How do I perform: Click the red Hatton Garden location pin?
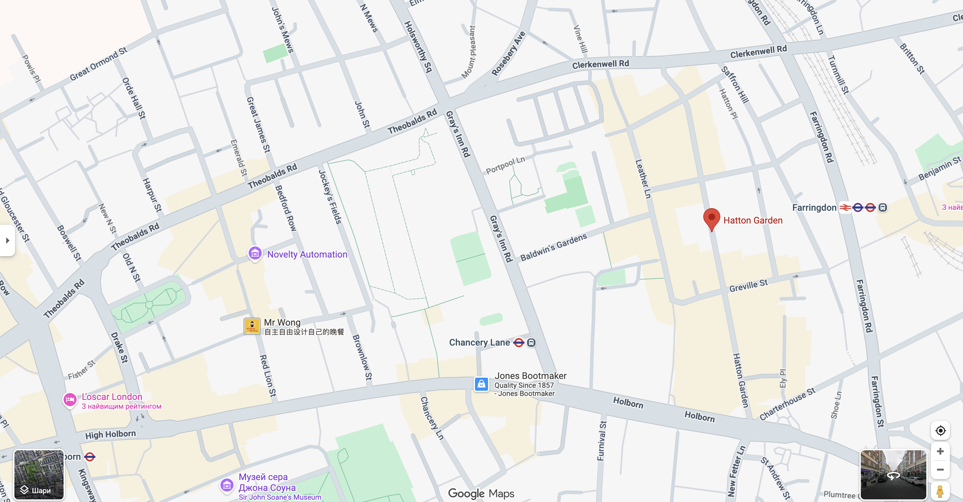pyautogui.click(x=711, y=218)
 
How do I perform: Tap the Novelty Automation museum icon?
pyautogui.click(x=255, y=253)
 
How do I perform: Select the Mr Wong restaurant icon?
pyautogui.click(x=252, y=326)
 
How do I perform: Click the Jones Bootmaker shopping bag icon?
pyautogui.click(x=481, y=384)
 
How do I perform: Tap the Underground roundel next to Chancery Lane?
pyautogui.click(x=519, y=343)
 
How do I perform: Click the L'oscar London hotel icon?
pyautogui.click(x=70, y=400)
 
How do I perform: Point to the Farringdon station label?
pyautogui.click(x=814, y=208)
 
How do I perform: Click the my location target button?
pyautogui.click(x=940, y=431)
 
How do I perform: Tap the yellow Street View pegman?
pyautogui.click(x=940, y=491)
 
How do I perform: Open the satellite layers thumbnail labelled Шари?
pyautogui.click(x=39, y=475)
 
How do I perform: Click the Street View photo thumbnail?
pyautogui.click(x=893, y=475)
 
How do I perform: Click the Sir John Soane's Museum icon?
pyautogui.click(x=227, y=485)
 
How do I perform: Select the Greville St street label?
pyautogui.click(x=748, y=286)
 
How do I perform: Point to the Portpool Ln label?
pyautogui.click(x=505, y=165)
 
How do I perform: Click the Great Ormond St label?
pyautogui.click(x=98, y=64)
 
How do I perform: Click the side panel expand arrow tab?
pyautogui.click(x=7, y=240)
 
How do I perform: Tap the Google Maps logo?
pyautogui.click(x=481, y=493)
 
